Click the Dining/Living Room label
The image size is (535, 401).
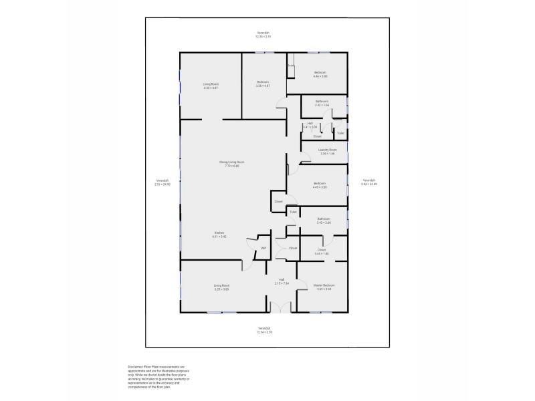(227, 163)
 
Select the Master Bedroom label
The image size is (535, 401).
(324, 287)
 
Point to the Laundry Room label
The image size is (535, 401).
(327, 151)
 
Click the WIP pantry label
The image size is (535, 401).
(263, 249)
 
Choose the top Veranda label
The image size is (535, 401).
(263, 34)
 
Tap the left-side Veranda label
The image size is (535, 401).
(163, 182)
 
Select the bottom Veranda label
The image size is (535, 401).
(263, 329)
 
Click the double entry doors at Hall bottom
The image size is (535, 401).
(280, 307)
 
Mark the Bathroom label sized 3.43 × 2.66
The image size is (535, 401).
(324, 220)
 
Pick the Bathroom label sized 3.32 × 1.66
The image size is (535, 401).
(322, 104)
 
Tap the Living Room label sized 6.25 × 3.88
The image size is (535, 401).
(221, 287)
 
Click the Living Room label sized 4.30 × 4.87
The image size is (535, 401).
(211, 86)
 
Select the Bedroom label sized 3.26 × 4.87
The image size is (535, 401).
(262, 84)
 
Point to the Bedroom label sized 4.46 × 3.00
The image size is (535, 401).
(320, 74)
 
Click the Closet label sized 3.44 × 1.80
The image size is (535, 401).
(321, 251)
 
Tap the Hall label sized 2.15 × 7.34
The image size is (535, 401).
(282, 281)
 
